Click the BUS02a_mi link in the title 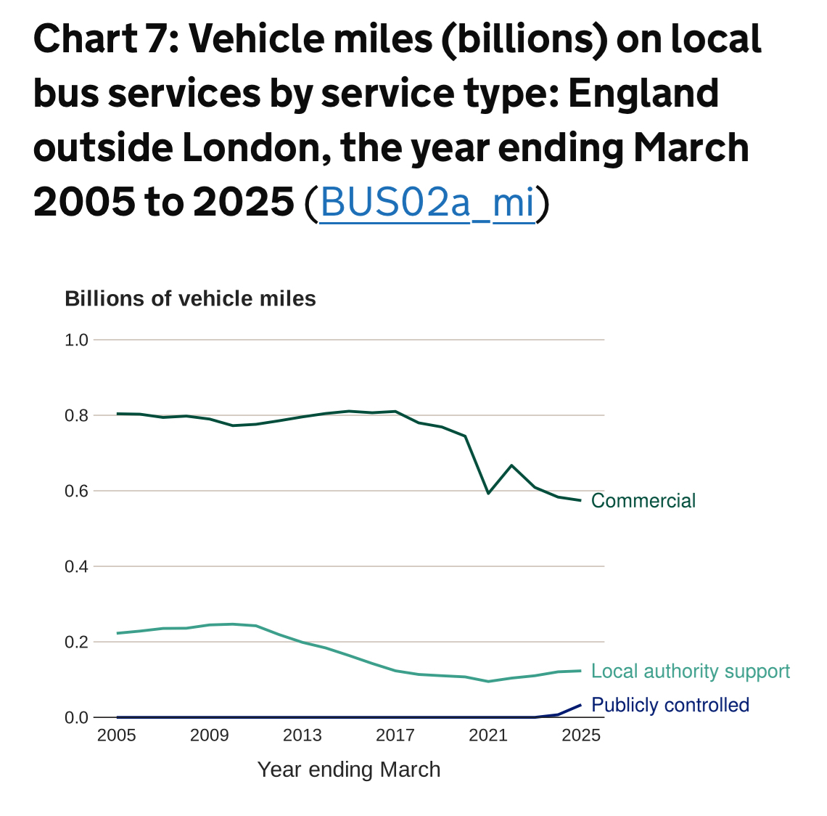click(x=427, y=203)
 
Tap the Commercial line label click(x=643, y=501)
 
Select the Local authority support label click(x=690, y=672)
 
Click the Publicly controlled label click(x=670, y=705)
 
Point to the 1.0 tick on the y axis click(x=76, y=340)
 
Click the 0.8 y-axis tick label click(x=76, y=416)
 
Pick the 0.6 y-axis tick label click(x=76, y=491)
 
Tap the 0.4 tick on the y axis click(x=76, y=566)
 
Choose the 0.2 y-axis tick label click(x=76, y=642)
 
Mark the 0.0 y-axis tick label click(x=76, y=717)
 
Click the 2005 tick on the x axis click(x=117, y=735)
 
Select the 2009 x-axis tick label click(x=210, y=735)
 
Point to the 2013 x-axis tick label click(x=303, y=735)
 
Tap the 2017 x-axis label click(x=395, y=735)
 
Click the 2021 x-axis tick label click(x=488, y=735)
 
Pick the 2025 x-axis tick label click(x=581, y=735)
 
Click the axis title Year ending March click(x=349, y=770)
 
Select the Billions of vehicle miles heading click(x=190, y=299)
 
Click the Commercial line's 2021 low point click(x=488, y=494)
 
